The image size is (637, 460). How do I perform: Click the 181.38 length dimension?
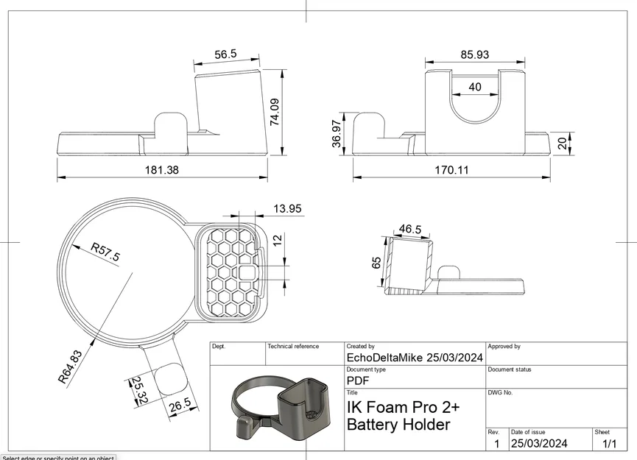163,169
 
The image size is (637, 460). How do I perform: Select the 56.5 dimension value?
225,54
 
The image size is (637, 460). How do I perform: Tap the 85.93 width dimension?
474,54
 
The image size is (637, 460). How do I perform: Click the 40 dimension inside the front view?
475,87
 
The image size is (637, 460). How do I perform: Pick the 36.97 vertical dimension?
337,135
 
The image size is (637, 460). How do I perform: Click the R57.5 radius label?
105,252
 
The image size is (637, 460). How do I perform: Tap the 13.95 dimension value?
287,209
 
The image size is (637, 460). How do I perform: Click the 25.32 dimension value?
139,390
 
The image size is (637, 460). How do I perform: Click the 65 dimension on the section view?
377,263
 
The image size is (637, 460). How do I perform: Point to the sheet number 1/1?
610,444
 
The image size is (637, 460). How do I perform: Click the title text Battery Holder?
398,425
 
